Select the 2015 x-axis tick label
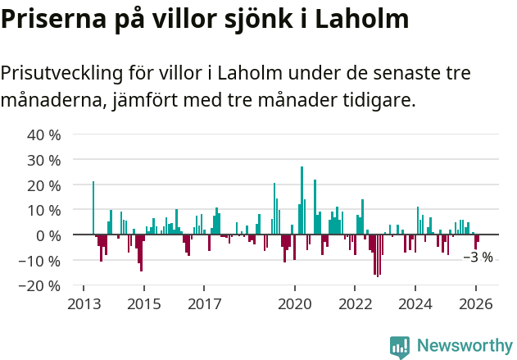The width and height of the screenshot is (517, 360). coord(144,303)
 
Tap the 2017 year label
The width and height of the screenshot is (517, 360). coord(205,303)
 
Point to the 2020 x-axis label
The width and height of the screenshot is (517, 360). coord(295,303)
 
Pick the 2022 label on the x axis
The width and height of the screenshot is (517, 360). coord(355,303)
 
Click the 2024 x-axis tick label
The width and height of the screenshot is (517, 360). coord(415,303)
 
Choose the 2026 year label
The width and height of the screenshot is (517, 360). coord(476,303)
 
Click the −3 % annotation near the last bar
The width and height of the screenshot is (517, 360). coord(478,257)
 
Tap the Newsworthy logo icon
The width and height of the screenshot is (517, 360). coord(400,347)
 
